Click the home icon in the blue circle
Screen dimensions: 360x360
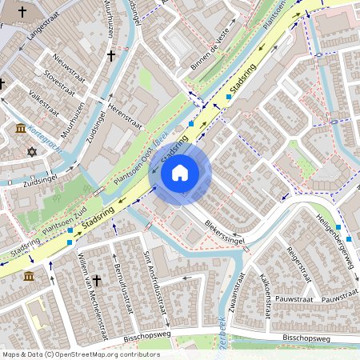180,172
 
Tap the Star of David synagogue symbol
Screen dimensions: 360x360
32,151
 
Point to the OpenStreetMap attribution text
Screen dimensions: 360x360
80,354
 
